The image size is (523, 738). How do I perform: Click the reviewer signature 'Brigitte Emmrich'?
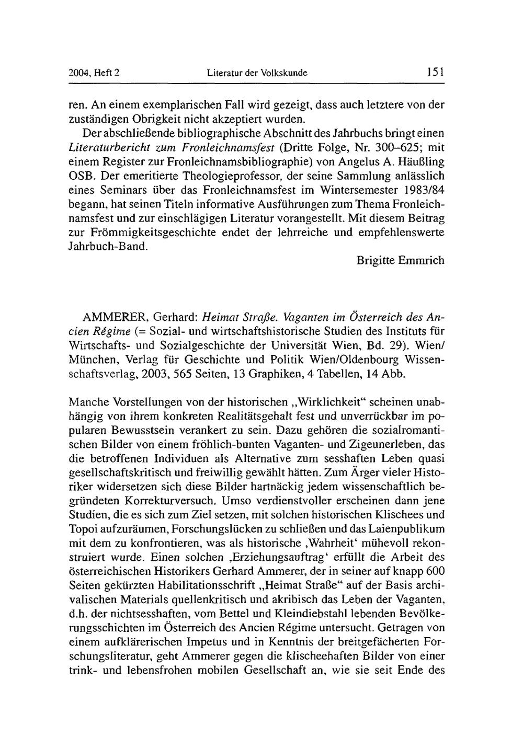(x=401, y=260)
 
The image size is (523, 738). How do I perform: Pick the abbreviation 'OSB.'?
(x=81, y=174)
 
